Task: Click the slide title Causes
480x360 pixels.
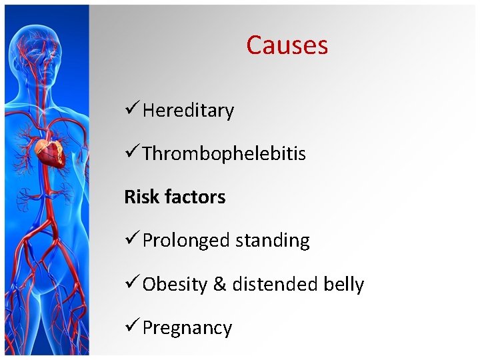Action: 287,45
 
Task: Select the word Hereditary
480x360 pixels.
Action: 188,110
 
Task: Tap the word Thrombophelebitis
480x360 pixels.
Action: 224,153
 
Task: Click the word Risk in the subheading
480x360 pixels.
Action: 137,197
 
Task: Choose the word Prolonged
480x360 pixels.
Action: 179,241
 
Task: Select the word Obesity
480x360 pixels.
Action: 175,284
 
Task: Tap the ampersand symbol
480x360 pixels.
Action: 219,284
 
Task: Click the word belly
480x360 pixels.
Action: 343,284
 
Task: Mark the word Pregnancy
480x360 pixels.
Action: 187,328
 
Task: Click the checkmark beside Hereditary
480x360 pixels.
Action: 131,109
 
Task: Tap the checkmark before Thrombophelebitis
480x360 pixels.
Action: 131,152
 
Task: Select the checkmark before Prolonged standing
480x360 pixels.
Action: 131,239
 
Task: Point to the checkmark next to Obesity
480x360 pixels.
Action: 131,283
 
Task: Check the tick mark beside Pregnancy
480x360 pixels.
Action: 131,327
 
